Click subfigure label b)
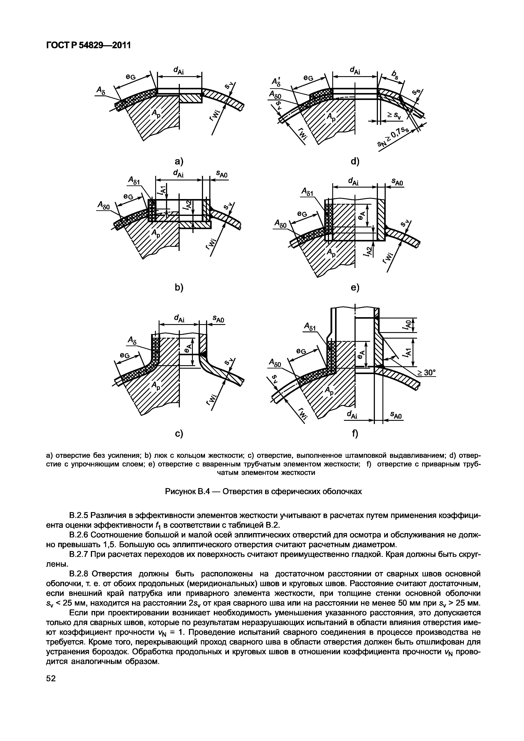179,287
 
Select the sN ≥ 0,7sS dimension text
393,137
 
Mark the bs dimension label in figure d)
395,75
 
